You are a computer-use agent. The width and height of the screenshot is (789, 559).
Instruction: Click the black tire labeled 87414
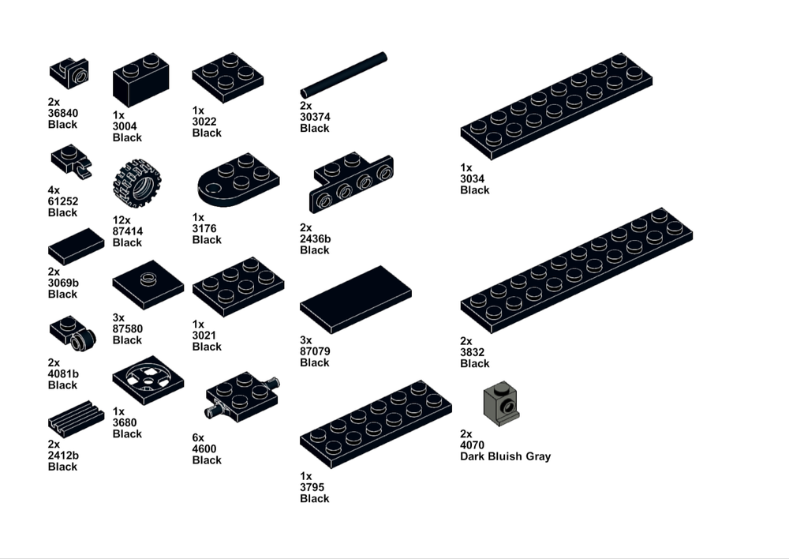coord(136,183)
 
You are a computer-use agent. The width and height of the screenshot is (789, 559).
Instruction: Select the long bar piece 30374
coord(344,74)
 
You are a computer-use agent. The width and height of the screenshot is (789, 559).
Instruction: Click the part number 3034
coord(472,178)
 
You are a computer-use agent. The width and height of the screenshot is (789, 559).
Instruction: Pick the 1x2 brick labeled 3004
coord(141,80)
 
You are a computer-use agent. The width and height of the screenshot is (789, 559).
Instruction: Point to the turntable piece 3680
coord(148,381)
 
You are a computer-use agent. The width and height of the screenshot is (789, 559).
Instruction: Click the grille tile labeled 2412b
coord(76,419)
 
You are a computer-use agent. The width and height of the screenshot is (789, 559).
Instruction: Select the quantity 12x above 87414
coord(122,220)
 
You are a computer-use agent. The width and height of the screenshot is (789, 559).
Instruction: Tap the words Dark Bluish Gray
coord(505,456)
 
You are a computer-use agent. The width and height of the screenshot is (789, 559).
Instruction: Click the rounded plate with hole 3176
coord(238,180)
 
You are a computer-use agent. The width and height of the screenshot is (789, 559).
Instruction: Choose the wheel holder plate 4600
coord(242,396)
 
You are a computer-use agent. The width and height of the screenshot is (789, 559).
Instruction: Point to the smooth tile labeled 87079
coord(356,300)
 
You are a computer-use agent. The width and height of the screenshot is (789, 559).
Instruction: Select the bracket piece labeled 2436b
coord(351,182)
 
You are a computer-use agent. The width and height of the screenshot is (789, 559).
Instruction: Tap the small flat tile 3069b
coord(76,246)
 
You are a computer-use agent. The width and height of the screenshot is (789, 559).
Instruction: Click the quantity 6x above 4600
coord(198,437)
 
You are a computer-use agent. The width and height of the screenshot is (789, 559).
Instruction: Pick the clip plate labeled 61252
coord(72,161)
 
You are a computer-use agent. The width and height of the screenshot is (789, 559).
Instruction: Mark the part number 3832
coord(472,352)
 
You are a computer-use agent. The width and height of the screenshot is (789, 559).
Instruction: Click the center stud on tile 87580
coord(148,278)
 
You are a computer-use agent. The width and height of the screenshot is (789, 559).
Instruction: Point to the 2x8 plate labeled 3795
coord(376,424)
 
